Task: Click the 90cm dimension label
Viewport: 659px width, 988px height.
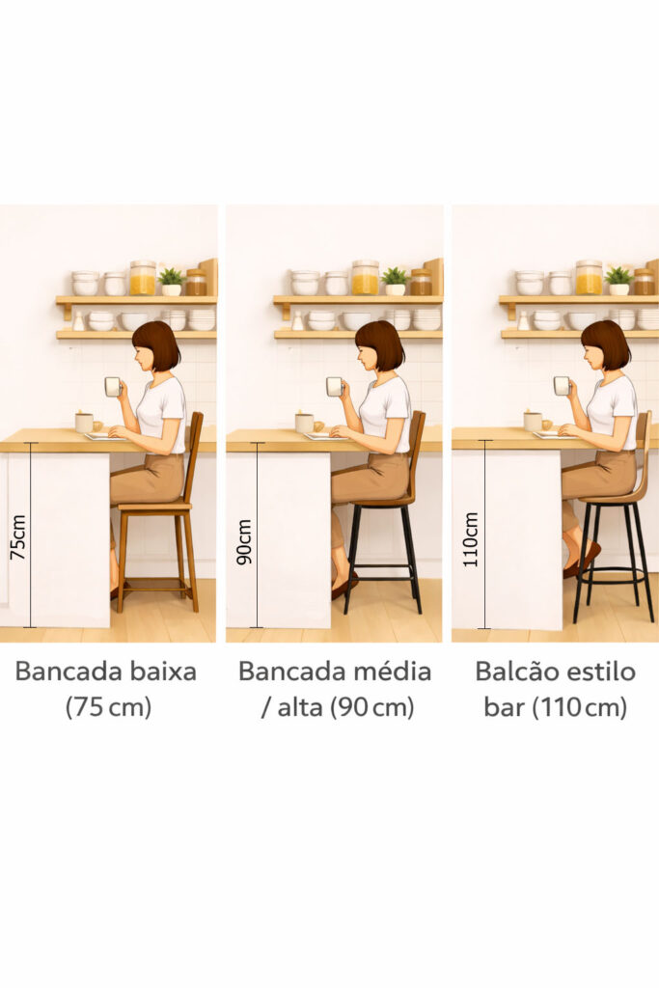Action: pyautogui.click(x=244, y=540)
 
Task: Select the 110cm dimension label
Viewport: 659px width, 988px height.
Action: pyautogui.click(x=471, y=538)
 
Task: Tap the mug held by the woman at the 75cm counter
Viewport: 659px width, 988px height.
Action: pyautogui.click(x=112, y=387)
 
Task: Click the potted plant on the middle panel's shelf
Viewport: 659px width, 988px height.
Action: pyautogui.click(x=394, y=280)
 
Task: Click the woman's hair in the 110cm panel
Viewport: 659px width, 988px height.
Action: pyautogui.click(x=607, y=343)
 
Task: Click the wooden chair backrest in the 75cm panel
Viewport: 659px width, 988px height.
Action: pyautogui.click(x=196, y=453)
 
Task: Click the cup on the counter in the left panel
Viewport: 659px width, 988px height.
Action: pyautogui.click(x=84, y=422)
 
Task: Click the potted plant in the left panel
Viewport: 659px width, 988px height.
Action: pyautogui.click(x=171, y=281)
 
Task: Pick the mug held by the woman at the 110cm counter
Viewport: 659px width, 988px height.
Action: pyautogui.click(x=561, y=386)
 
